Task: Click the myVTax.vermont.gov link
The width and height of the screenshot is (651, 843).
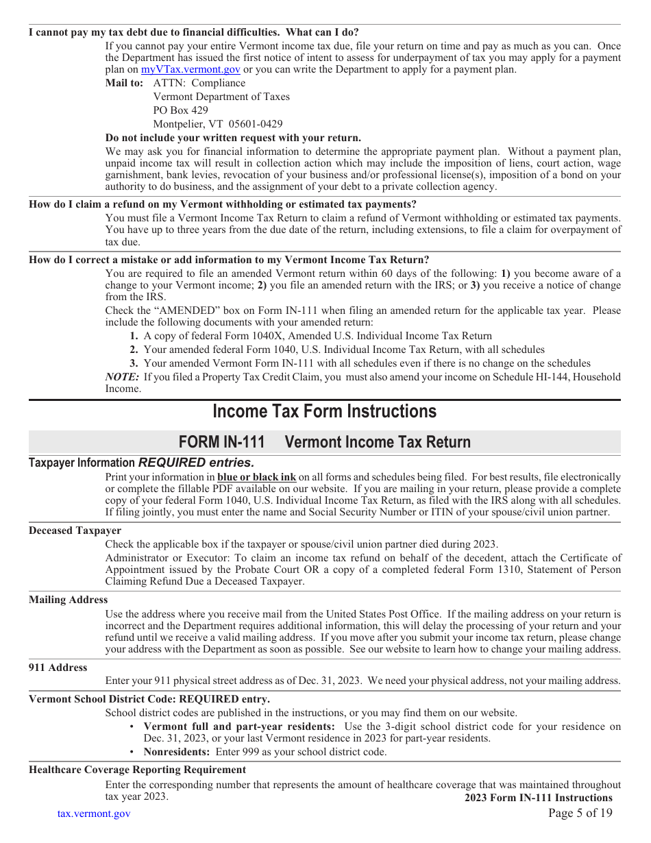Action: pyautogui.click(x=191, y=69)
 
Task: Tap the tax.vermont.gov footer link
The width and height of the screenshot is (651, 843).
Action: pyautogui.click(x=93, y=814)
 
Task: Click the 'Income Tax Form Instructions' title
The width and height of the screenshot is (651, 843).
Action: pyautogui.click(x=324, y=411)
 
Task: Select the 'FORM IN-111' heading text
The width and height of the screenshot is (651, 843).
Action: pyautogui.click(x=221, y=442)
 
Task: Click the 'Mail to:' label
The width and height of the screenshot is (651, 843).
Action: pyautogui.click(x=124, y=83)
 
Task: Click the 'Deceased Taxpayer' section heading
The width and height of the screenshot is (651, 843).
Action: pyautogui.click(x=75, y=530)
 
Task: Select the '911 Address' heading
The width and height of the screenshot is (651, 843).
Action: pyautogui.click(x=58, y=668)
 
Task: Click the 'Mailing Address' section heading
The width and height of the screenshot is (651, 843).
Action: pyautogui.click(x=68, y=600)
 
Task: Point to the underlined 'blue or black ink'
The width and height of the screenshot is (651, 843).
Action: pyautogui.click(x=256, y=477)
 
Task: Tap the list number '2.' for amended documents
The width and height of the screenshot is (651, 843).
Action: pyautogui.click(x=134, y=350)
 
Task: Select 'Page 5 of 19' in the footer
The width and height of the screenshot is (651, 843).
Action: pyautogui.click(x=580, y=814)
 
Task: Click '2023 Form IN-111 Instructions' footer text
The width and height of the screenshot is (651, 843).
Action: pyautogui.click(x=538, y=798)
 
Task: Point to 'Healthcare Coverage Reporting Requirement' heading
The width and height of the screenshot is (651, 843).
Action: pyautogui.click(x=137, y=770)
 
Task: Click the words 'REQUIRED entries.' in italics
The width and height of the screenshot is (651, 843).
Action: pyautogui.click(x=196, y=463)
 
